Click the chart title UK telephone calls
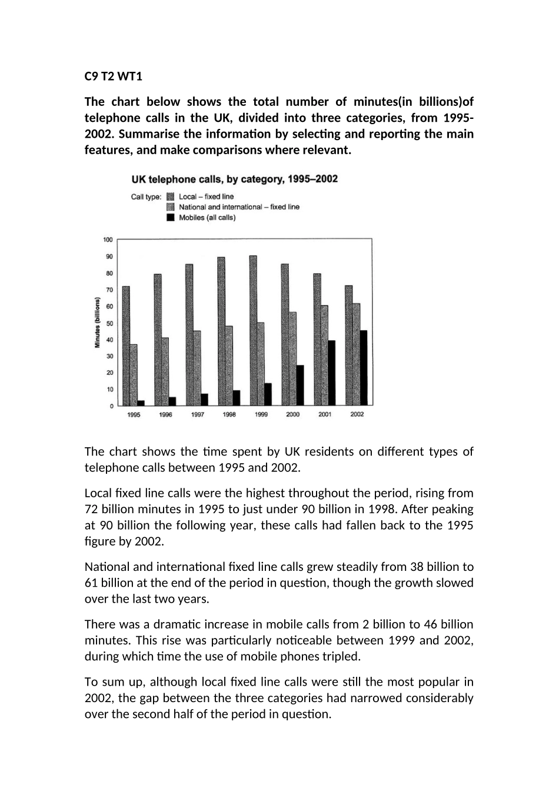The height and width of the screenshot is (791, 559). pos(234,179)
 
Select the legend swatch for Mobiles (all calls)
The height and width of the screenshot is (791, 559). pos(171,217)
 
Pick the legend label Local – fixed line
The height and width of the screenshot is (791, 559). pos(206,197)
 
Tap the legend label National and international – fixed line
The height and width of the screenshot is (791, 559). pos(239,207)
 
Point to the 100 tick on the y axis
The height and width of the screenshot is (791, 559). pos(108,240)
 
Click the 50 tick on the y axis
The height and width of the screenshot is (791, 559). pos(109,323)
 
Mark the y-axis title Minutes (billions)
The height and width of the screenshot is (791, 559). pos(97,323)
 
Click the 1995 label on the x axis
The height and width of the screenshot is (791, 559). pos(134,414)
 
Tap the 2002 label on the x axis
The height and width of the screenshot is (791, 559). pos(357,414)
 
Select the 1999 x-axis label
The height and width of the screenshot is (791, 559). pos(261,414)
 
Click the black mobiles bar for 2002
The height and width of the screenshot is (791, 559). pos(364,368)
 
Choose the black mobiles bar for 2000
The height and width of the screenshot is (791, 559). pos(300,385)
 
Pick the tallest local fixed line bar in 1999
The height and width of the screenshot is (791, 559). pos(253,331)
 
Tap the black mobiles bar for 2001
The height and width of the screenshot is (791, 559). pos(332,373)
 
